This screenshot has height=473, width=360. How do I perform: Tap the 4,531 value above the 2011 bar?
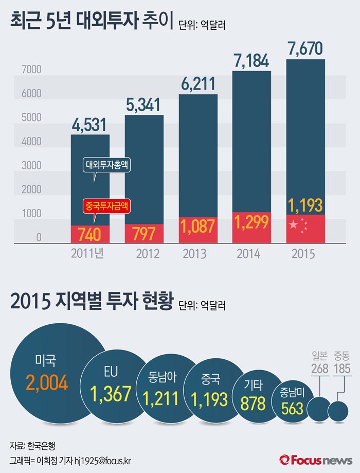click(x=90, y=125)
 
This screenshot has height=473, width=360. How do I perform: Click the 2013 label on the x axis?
click(x=194, y=254)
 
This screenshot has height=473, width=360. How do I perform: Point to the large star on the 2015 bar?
click(x=293, y=224)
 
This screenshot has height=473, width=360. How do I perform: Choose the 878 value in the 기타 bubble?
click(x=253, y=403)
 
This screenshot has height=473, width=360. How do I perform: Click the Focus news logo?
click(x=315, y=459)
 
